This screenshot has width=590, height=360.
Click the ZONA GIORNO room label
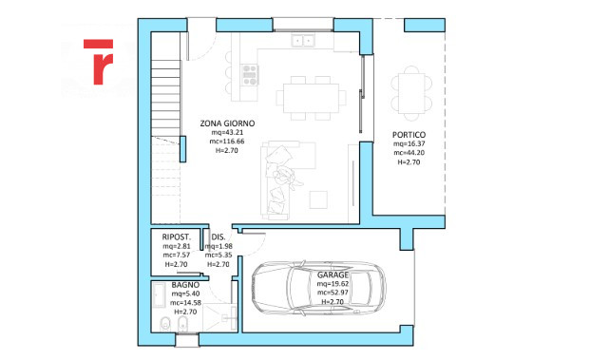tap(227, 123)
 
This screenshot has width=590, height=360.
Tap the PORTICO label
tap(409, 135)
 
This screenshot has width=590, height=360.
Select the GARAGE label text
tap(333, 275)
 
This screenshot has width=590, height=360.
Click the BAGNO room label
tap(185, 285)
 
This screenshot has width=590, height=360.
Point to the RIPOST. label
tap(177, 237)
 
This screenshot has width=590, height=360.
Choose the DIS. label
tap(219, 237)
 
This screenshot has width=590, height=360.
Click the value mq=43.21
tap(227, 132)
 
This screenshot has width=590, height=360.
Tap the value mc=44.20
tap(409, 153)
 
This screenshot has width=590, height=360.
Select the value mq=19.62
tap(333, 284)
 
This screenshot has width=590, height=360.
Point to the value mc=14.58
tap(185, 302)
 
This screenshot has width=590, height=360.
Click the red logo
tap(99, 62)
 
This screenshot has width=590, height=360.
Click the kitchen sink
tap(303, 40)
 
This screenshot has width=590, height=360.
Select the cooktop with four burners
tap(250, 75)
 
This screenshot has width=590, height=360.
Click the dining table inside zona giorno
tap(312, 98)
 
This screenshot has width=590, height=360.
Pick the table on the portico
tap(411, 94)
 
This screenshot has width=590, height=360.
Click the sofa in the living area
tap(278, 180)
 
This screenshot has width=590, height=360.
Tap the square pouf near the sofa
tap(318, 199)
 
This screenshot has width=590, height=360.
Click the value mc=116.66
tap(227, 142)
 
